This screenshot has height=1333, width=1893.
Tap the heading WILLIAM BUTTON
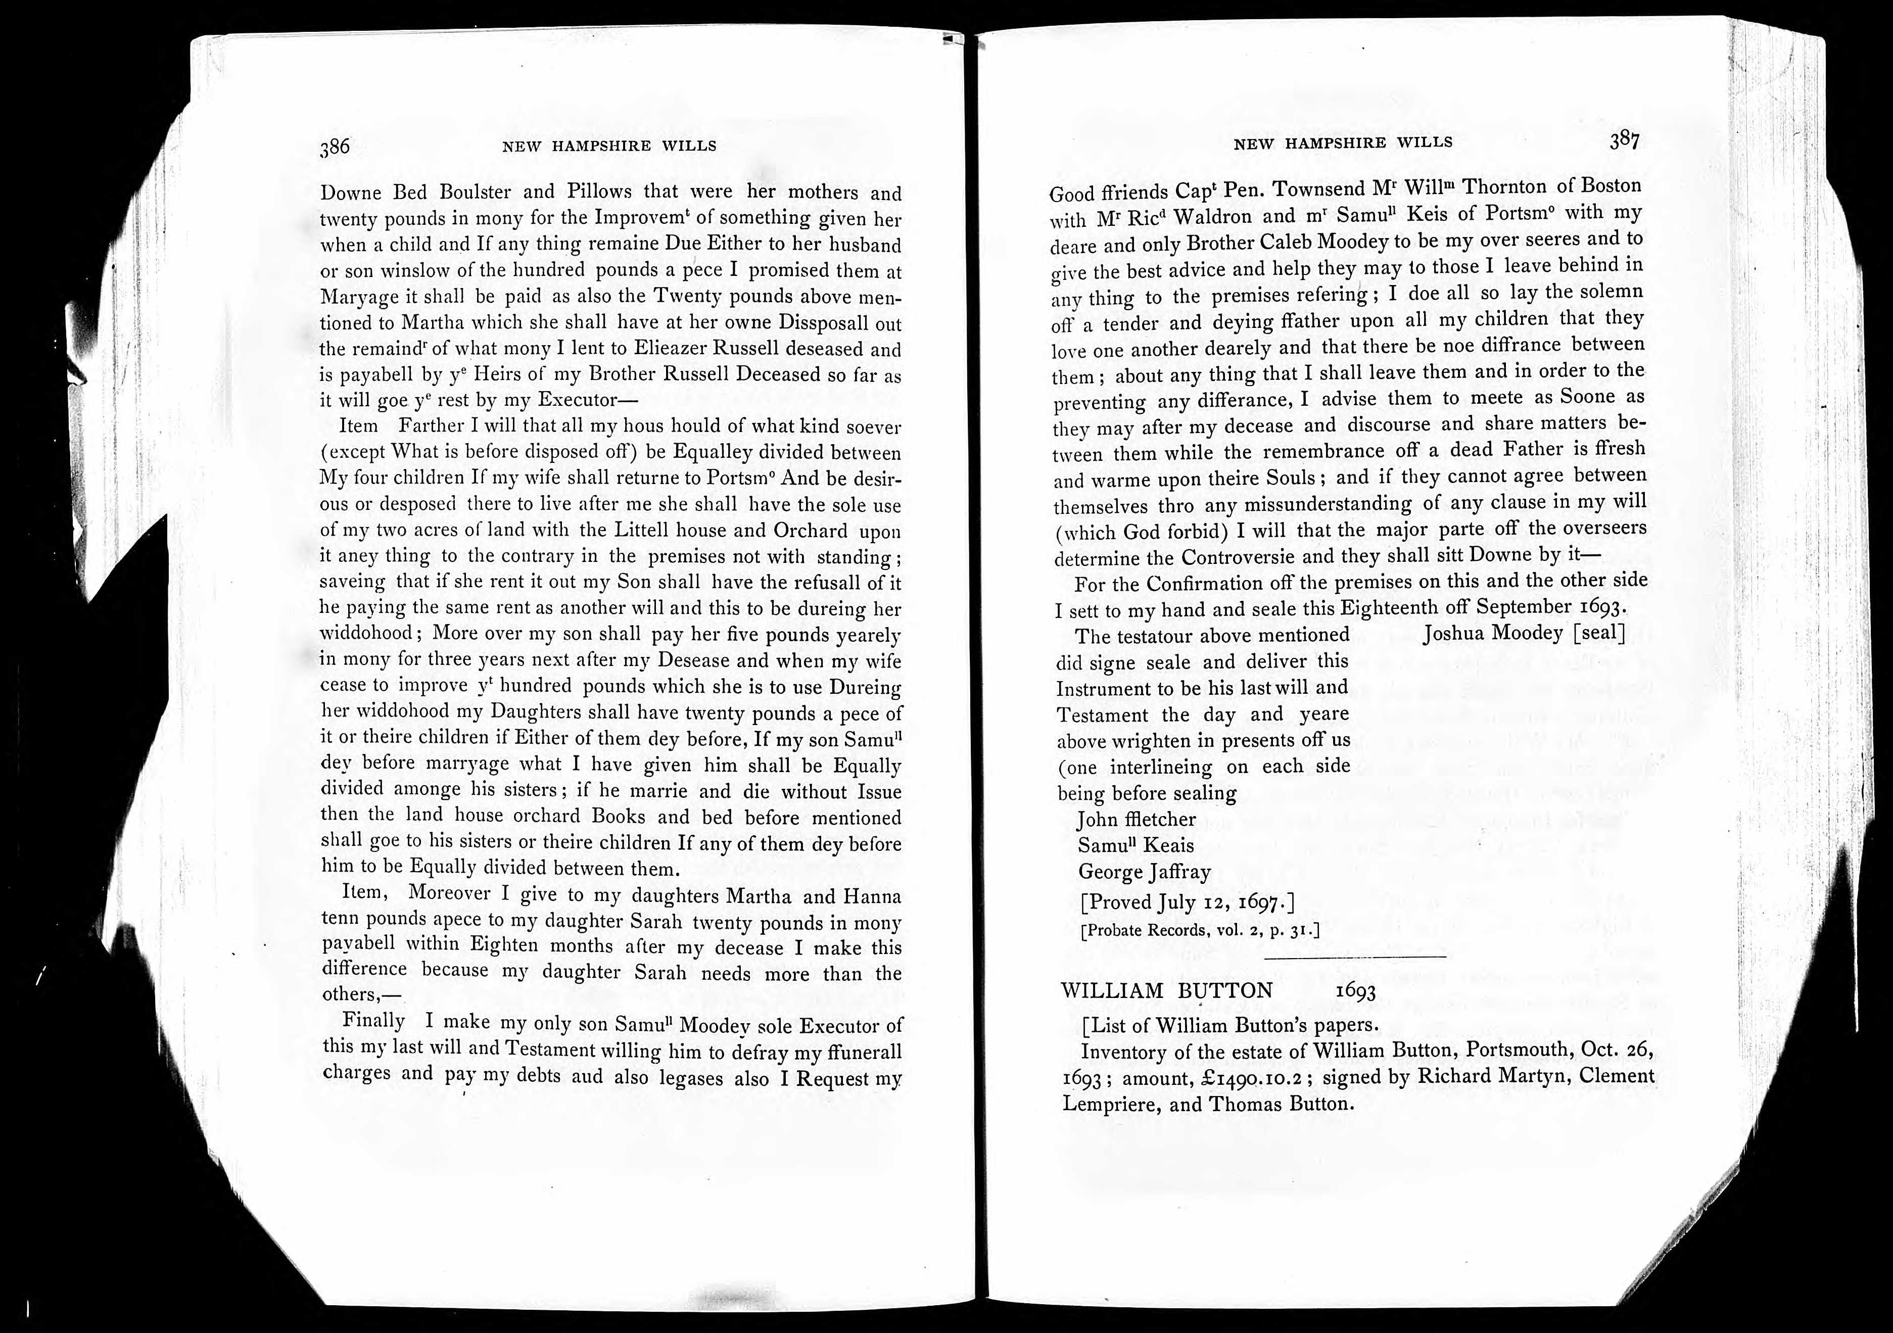[1167, 990]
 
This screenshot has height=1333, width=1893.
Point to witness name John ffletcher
[1136, 820]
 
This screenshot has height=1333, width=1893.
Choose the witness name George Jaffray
[1145, 872]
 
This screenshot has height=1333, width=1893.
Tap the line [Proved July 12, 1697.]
[1187, 902]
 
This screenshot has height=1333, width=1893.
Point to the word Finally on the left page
[373, 1021]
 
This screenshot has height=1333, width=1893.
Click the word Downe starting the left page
[350, 193]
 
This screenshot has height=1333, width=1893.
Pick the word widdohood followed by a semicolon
[365, 633]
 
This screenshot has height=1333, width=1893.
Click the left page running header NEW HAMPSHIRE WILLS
[609, 147]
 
